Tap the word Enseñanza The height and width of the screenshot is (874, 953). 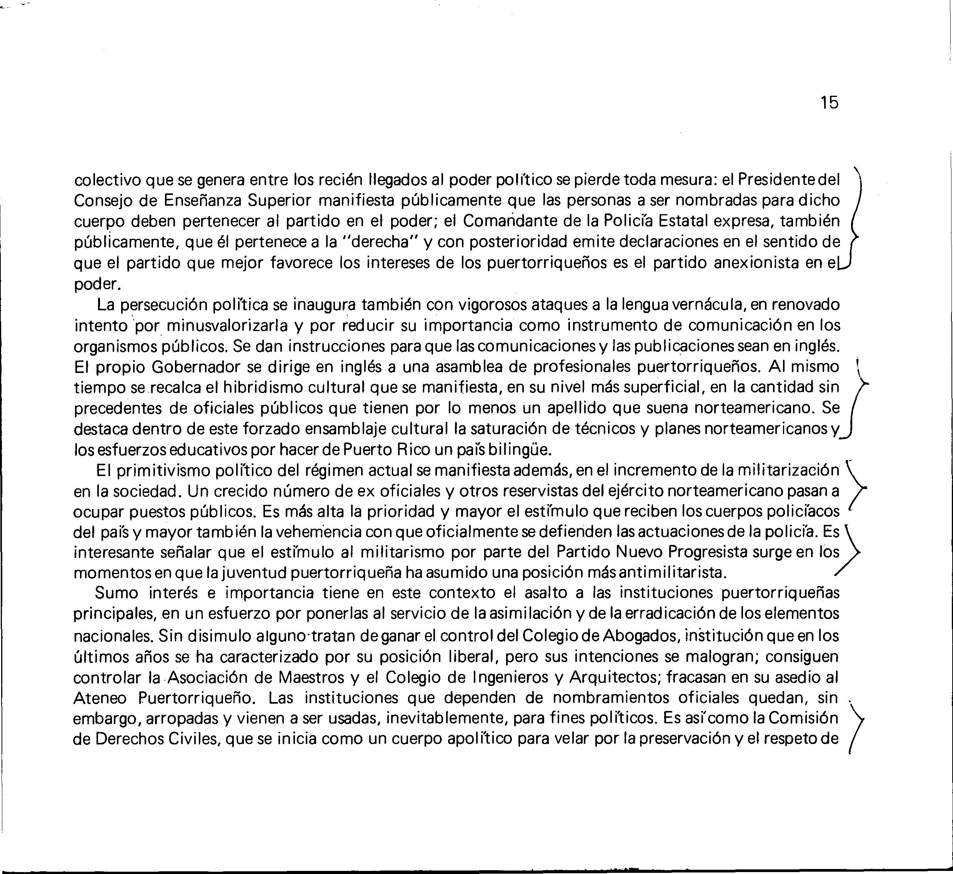(x=205, y=201)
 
